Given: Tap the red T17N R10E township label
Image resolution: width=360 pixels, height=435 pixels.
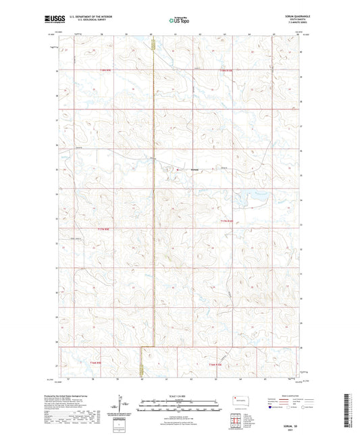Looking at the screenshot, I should (230, 221).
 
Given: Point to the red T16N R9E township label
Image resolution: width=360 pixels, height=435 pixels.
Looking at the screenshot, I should (95, 363).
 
